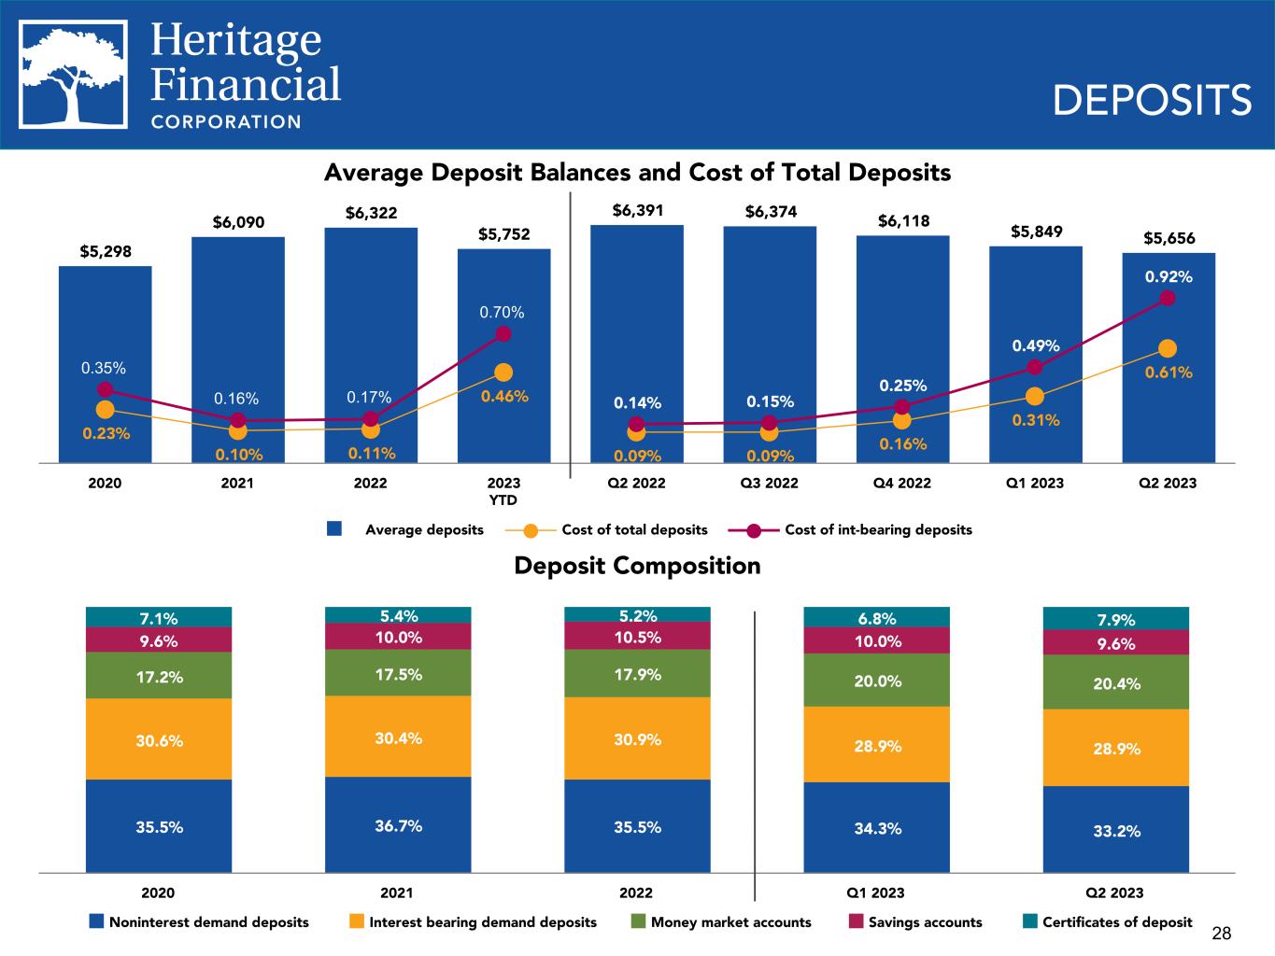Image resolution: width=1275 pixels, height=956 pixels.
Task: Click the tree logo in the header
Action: [x=74, y=75]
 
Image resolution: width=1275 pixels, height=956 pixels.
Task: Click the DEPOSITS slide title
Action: [x=1152, y=100]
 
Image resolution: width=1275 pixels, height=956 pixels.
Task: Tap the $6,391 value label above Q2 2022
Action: [x=637, y=211]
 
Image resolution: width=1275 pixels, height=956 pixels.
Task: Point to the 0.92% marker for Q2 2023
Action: [x=1168, y=298]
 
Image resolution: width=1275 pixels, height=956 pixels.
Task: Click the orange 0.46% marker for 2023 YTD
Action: [x=503, y=373]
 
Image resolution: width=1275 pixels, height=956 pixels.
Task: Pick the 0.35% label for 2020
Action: [x=104, y=368]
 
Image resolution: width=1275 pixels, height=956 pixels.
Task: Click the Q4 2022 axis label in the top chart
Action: [x=902, y=484]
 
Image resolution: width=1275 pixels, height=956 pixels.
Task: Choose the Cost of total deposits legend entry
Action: [x=633, y=530]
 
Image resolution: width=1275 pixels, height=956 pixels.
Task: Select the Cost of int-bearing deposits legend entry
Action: [x=877, y=530]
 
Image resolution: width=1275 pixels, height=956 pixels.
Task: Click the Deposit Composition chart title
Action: [x=637, y=566]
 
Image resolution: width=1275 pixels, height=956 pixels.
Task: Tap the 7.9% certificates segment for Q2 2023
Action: [x=1115, y=618]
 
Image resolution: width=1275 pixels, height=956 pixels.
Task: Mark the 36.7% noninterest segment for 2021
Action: [x=398, y=825]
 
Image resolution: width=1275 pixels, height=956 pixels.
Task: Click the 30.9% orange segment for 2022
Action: [x=637, y=738]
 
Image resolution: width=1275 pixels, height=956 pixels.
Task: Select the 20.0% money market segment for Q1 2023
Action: [x=876, y=681]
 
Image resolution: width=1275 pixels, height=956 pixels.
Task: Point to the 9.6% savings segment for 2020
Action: [x=159, y=640]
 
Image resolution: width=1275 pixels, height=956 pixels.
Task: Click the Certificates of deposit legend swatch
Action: [x=1029, y=921]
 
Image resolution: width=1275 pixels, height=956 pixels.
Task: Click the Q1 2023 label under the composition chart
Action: [x=876, y=893]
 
